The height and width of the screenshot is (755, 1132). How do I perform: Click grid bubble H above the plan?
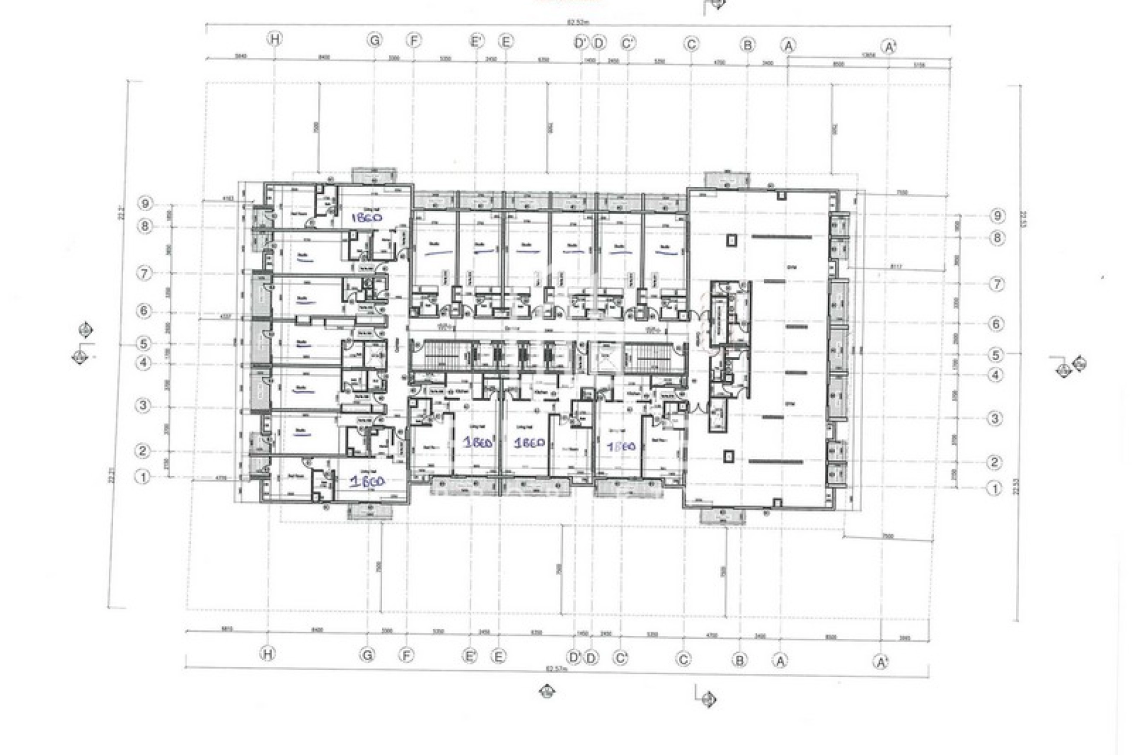point(275,40)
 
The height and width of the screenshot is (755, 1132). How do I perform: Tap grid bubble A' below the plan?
point(881,662)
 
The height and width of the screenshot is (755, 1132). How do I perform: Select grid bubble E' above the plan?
point(476,41)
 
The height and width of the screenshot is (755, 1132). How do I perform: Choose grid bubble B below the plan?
point(739,660)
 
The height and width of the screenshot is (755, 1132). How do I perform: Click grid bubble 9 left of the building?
point(145,204)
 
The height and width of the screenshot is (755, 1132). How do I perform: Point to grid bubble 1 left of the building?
point(143,477)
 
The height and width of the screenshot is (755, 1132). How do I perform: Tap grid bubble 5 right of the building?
point(996,354)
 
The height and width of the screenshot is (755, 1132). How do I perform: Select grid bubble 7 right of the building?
point(996,284)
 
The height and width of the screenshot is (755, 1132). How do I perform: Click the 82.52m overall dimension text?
point(578,23)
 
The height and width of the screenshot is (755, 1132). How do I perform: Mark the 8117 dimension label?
point(896,267)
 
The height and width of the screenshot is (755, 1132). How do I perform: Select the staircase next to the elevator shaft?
point(639,357)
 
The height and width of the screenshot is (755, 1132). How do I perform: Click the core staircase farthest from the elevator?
point(437,356)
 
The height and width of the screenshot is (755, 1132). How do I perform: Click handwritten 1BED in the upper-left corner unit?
point(366,217)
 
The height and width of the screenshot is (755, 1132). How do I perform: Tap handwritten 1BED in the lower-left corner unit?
point(367,482)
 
